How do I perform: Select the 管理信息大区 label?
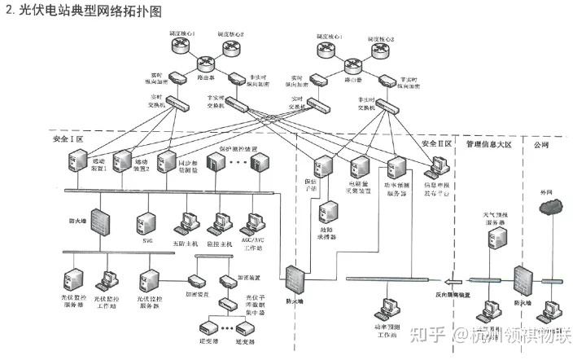click(488, 143)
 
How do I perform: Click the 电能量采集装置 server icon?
click(360, 167)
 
